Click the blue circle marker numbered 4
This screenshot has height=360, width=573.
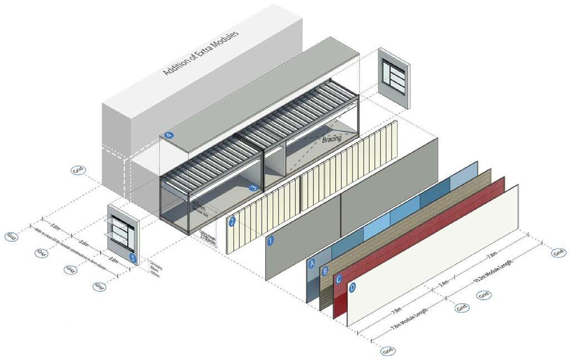[168, 135]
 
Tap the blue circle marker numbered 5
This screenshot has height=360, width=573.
[132, 257]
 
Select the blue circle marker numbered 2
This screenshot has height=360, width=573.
[232, 221]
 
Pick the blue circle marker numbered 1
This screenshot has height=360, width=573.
[271, 241]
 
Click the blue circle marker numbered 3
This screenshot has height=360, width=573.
[253, 188]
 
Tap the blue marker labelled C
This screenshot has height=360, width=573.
[338, 279]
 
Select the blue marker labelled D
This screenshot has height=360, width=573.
[352, 288]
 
